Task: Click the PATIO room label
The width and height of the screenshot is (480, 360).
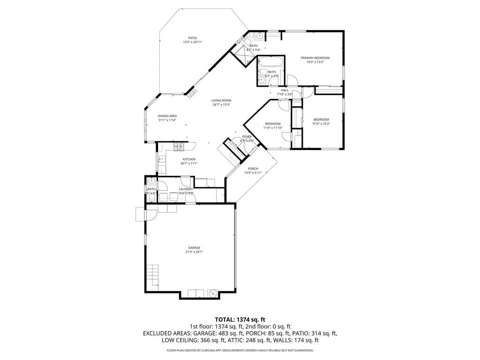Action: point(192,38)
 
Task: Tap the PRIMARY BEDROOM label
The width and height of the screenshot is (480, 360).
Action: point(315,58)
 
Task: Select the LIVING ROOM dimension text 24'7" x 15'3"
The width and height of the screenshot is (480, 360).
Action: point(221,105)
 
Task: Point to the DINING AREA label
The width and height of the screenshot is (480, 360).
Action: point(167,116)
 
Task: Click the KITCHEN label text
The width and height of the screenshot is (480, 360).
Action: point(189,159)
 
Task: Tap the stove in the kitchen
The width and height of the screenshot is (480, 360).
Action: point(179,147)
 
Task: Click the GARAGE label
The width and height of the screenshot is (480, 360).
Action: point(194,247)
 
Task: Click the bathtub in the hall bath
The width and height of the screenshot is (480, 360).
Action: point(271,62)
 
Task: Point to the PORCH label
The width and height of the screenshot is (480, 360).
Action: point(253,169)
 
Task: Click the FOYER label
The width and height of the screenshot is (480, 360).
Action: point(247,136)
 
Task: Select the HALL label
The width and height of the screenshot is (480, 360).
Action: point(285,90)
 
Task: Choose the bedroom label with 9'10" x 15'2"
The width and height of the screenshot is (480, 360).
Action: point(321,120)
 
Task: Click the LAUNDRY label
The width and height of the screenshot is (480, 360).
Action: point(186,189)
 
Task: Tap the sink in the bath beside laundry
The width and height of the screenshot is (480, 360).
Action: point(151,181)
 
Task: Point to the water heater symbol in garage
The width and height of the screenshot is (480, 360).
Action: point(212,293)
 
